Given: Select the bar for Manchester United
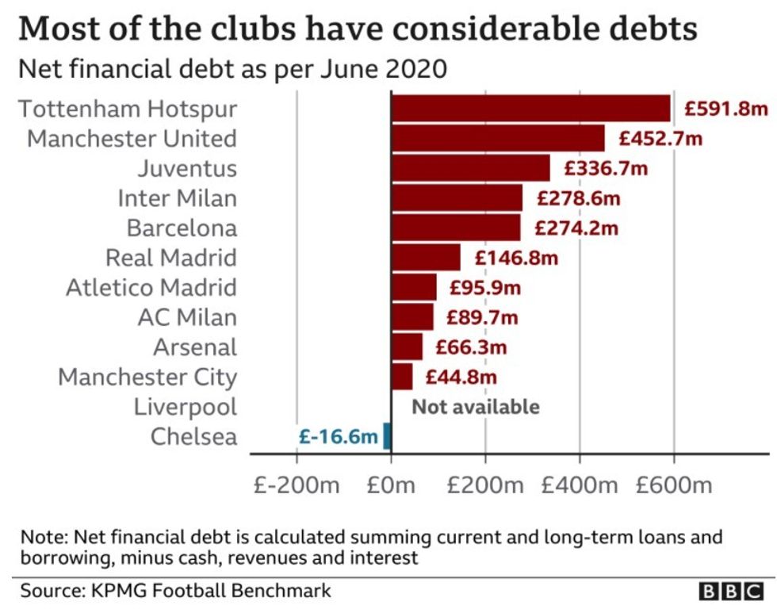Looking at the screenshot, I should coord(497,139).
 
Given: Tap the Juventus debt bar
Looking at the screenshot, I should coord(470,168).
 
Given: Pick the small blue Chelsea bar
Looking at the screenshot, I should coord(387,436).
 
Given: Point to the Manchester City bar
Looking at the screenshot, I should coord(402,377).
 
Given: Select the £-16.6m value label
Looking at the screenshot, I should coord(338,436).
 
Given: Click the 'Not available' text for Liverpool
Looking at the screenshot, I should coord(476,407).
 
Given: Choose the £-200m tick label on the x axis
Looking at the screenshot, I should coord(297,485).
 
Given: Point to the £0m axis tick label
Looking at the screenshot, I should coord(391,485).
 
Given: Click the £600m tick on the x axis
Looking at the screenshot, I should coord(673,485).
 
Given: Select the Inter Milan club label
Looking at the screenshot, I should coord(177,198).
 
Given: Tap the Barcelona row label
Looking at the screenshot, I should coord(182,228).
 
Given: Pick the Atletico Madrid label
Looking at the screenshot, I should coord(151,287).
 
